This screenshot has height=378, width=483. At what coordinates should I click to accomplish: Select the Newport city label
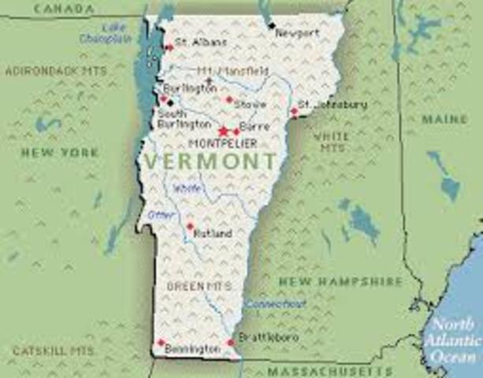299,33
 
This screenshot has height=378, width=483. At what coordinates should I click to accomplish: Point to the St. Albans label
201,41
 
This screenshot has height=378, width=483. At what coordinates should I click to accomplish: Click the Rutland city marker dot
190,227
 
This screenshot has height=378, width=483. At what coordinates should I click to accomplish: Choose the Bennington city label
194,348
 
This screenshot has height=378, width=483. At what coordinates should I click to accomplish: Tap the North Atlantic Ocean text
455,340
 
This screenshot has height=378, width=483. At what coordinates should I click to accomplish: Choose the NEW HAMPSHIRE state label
340,281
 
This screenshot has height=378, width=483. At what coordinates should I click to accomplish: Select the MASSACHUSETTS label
318,370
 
